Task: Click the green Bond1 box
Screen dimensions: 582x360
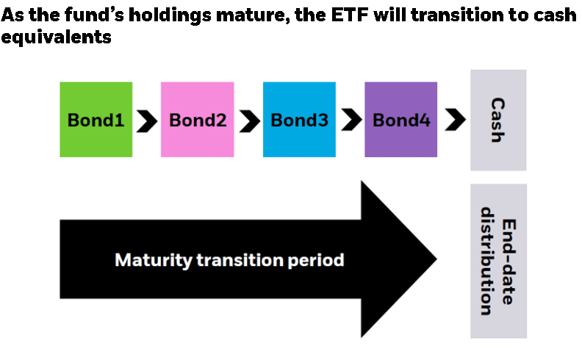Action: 96,120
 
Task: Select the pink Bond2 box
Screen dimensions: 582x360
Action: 198,120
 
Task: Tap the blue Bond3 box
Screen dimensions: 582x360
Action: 300,120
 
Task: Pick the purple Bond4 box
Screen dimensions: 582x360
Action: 401,120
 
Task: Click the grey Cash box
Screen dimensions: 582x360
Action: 498,120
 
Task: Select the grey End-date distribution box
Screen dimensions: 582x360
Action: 498,261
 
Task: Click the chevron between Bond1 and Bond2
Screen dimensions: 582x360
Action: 147,121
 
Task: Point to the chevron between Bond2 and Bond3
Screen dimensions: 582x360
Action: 250,121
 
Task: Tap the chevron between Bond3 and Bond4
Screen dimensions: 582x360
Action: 351,120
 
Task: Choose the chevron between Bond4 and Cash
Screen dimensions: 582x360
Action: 455,120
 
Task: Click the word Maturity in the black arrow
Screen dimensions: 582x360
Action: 154,260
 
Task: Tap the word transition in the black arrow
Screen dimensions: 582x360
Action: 240,260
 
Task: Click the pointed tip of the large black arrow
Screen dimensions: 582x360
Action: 436,259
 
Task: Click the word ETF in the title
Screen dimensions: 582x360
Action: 350,15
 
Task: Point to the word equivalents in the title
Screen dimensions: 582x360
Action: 56,37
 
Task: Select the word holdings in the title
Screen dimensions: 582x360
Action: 169,15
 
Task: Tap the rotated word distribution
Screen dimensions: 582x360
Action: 486,261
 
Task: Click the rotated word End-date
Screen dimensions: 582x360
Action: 509,262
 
